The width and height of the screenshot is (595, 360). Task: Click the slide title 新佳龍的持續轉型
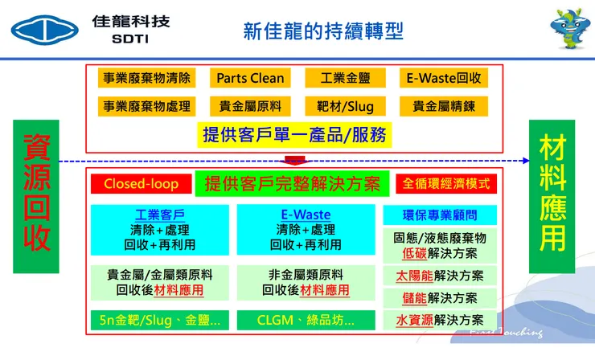[x=323, y=32]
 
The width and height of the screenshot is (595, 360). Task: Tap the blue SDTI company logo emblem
[x=47, y=31]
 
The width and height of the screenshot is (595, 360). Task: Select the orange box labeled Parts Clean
[x=250, y=79]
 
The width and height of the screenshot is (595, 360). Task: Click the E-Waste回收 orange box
[x=445, y=79]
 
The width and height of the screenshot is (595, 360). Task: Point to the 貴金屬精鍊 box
[x=445, y=105]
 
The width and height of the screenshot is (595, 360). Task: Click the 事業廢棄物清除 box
[x=147, y=79]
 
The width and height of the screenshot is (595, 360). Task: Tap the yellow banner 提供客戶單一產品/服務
[x=294, y=134]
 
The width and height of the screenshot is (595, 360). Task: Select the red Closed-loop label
[x=141, y=184]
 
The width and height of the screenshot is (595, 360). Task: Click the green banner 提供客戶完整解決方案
[x=293, y=184]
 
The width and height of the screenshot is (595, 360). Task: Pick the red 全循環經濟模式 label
[x=446, y=184]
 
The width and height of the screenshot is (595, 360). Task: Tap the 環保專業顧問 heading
[x=439, y=215]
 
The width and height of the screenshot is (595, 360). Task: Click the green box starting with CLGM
[x=306, y=319]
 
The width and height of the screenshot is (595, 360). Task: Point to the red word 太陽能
[x=416, y=276]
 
